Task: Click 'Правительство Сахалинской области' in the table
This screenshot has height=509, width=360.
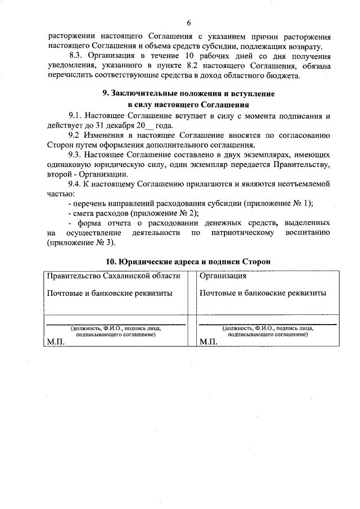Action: pos(114,276)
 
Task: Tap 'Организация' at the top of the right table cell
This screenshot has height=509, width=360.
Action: pos(223,276)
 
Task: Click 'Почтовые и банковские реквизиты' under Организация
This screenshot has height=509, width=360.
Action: pos(263,293)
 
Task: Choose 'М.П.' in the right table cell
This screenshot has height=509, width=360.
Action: pos(208,342)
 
